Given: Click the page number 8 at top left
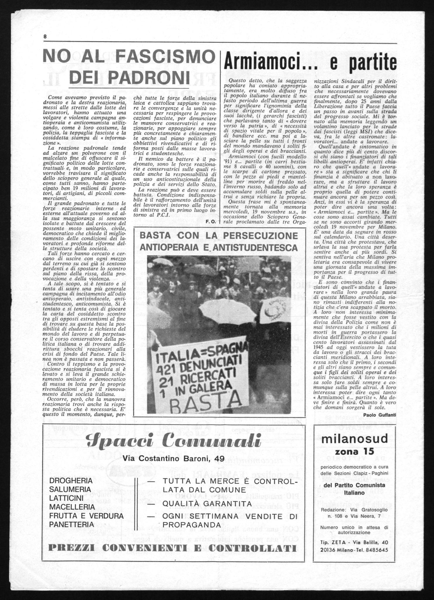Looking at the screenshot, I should point(45,37).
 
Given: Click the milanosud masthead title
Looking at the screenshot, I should point(354,439).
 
